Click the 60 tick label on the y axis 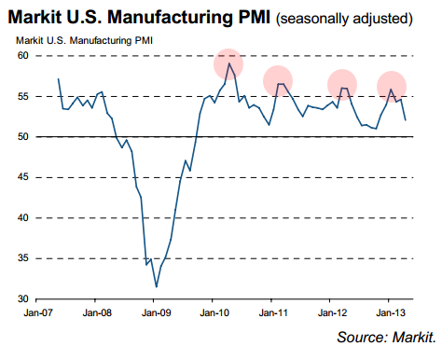(22, 56)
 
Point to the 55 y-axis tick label (22, 96)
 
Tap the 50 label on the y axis (22, 136)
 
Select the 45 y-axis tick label (22, 177)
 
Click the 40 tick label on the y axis (22, 217)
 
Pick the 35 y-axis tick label (22, 258)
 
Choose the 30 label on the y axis (22, 298)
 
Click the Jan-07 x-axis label (38, 312)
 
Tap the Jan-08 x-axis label (97, 312)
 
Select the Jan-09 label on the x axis (156, 312)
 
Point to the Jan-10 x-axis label (214, 312)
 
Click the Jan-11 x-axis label (273, 312)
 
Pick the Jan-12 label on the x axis (332, 312)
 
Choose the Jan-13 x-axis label (391, 312)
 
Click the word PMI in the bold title (255, 17)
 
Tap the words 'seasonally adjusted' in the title (344, 19)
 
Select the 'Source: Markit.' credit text (386, 338)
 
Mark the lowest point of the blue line (157, 287)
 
